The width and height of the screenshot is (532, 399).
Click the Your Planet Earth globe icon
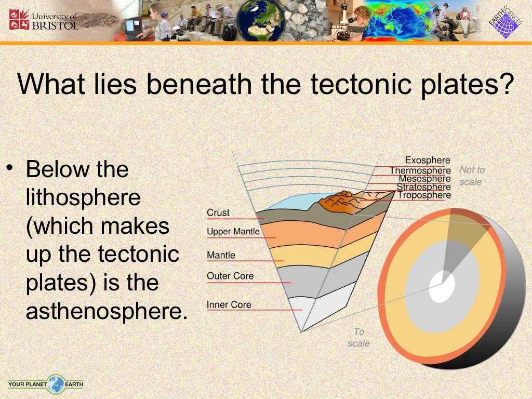[56, 384]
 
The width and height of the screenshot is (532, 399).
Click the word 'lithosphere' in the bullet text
[83, 198]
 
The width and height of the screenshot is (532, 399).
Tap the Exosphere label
[428, 161]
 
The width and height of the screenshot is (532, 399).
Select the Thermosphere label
[420, 170]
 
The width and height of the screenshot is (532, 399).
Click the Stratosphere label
[423, 187]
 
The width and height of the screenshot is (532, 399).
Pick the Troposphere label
[424, 195]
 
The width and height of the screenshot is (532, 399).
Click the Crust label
[218, 212]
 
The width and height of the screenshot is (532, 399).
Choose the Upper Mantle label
[233, 231]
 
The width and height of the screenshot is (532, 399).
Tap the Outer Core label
[230, 275]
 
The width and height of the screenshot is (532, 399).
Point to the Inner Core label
[229, 304]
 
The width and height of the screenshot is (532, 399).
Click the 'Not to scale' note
[471, 176]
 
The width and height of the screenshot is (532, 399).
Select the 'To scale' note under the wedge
[358, 337]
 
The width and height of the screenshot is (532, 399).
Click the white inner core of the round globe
[442, 285]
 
